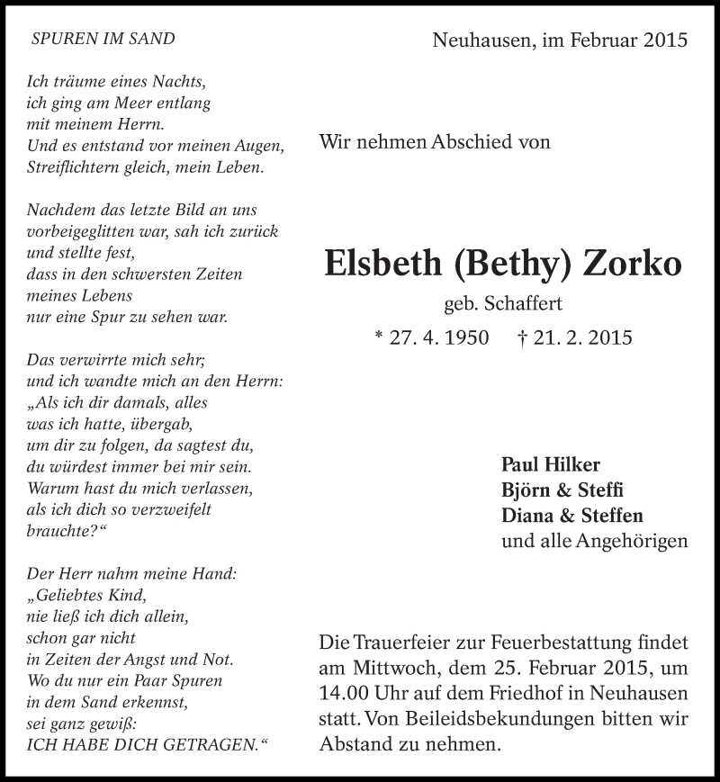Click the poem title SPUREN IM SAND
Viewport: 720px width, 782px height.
[103, 39]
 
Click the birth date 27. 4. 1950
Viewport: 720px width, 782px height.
[439, 338]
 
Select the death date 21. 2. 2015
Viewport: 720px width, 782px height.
[584, 338]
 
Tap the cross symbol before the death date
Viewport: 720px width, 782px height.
[523, 338]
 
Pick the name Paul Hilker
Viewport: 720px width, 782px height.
[550, 465]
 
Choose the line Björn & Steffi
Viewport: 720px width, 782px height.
[562, 490]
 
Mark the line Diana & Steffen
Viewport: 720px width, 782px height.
[571, 516]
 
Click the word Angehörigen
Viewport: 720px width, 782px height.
[634, 541]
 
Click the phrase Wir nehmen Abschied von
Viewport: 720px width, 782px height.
[435, 141]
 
